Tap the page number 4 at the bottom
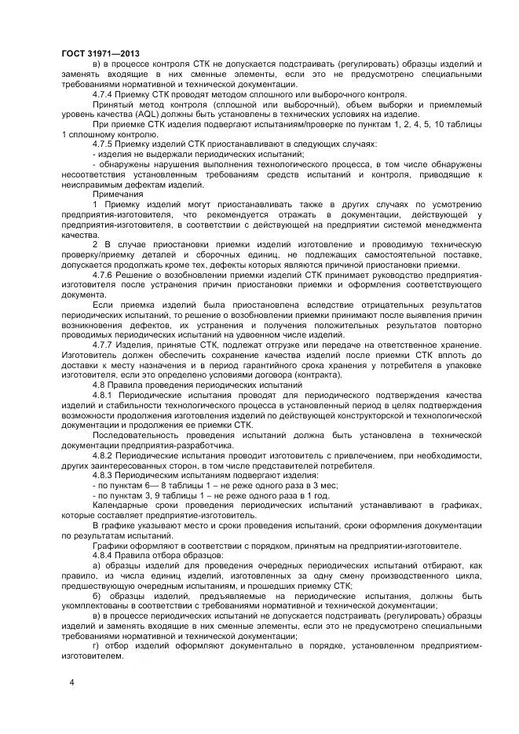[x=71, y=682]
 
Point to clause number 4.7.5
[x=104, y=144]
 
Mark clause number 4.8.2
[x=104, y=456]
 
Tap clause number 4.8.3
[x=104, y=476]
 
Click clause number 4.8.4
[x=104, y=555]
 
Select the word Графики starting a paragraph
[x=112, y=546]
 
